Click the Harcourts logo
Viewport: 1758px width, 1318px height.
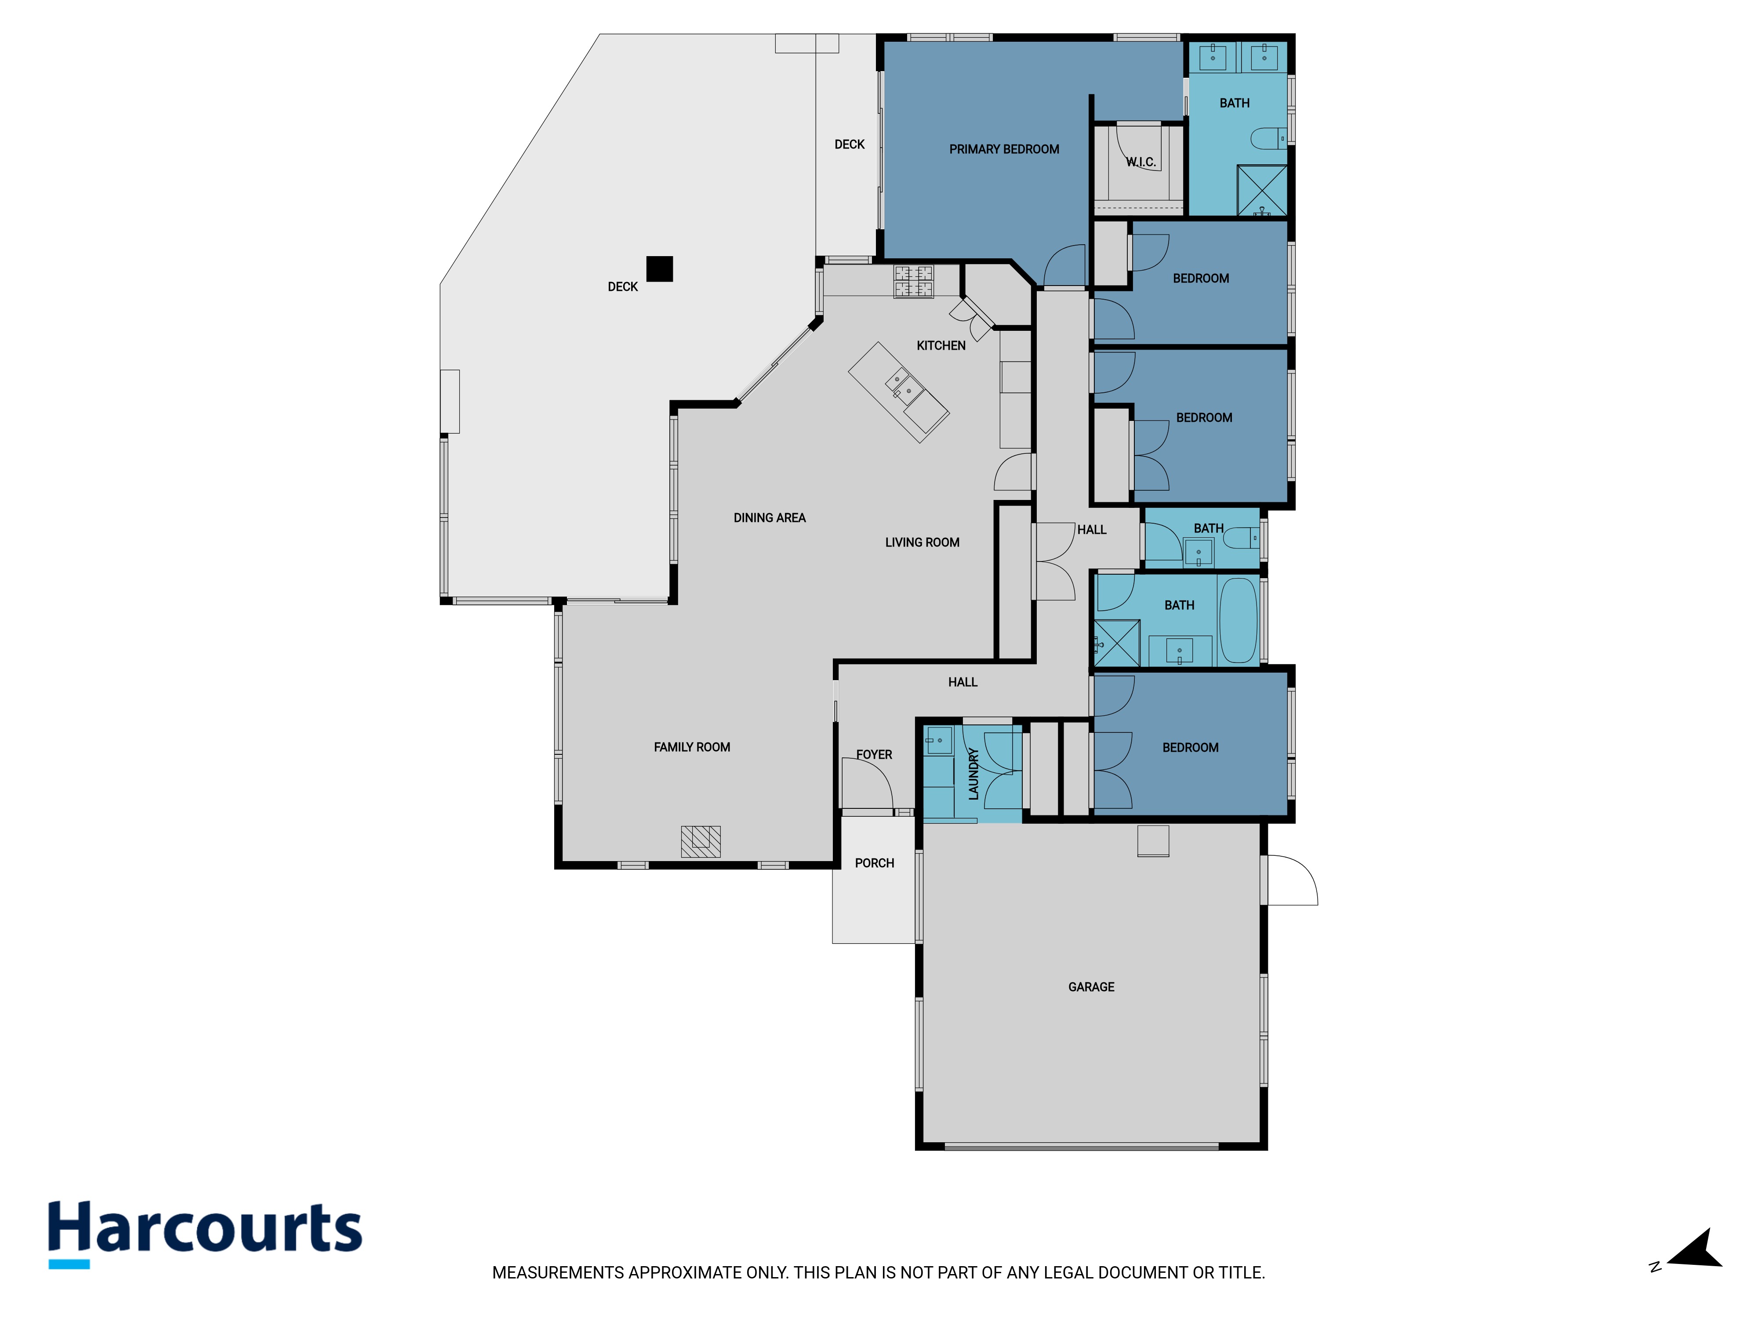pyautogui.click(x=205, y=1234)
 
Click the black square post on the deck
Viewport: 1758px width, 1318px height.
pyautogui.click(x=660, y=268)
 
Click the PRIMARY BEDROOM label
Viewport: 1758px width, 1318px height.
pyautogui.click(x=1004, y=149)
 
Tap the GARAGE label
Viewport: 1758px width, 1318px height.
pyautogui.click(x=1091, y=987)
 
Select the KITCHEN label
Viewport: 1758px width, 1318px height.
pyautogui.click(x=941, y=346)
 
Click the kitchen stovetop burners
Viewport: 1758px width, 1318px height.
pyautogui.click(x=914, y=281)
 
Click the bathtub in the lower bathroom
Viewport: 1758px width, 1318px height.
pyautogui.click(x=1238, y=619)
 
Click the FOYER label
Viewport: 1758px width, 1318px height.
pyautogui.click(x=874, y=755)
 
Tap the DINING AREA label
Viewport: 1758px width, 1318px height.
pyautogui.click(x=769, y=518)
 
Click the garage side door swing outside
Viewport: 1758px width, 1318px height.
pyautogui.click(x=1292, y=880)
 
